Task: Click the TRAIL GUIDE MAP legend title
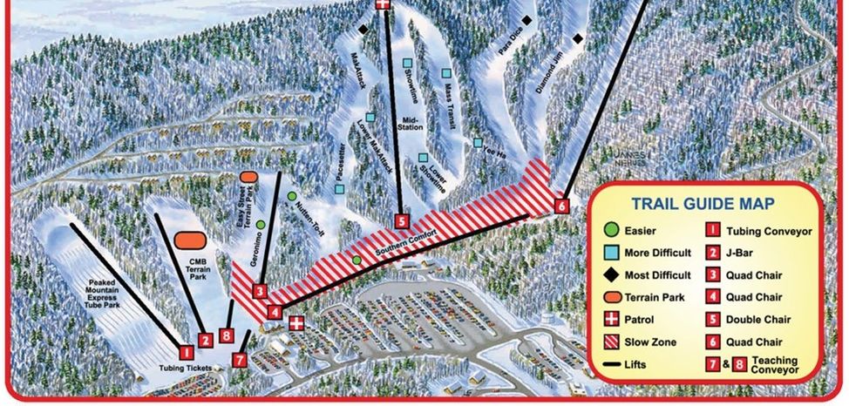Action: coord(703,204)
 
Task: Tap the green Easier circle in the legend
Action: coord(612,230)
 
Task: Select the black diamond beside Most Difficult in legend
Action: coord(612,274)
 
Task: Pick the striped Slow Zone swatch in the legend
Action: coord(612,342)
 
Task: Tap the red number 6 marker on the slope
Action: coord(561,206)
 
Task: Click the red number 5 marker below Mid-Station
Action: coord(401,221)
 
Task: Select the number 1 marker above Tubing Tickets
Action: coord(186,352)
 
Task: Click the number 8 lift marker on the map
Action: coord(227,335)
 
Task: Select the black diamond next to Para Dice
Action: coord(526,19)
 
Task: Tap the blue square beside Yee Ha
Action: coord(478,142)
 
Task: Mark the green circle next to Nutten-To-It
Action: coord(291,196)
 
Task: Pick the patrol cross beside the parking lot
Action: coord(297,323)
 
